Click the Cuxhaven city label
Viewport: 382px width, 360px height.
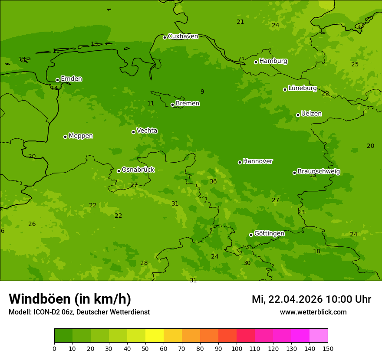[x=183, y=36]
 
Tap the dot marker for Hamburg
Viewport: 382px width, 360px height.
[x=256, y=62]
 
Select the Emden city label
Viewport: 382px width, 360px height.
[x=71, y=79]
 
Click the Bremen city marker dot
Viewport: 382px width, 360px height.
[x=172, y=105]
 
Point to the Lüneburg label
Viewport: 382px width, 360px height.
[x=302, y=88]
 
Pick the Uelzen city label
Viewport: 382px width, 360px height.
[x=311, y=114]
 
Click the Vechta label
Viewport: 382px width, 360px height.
[x=147, y=131]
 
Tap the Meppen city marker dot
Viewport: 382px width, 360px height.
[x=65, y=137]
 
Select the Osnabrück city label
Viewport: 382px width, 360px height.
[x=138, y=170]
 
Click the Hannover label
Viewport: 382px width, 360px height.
[x=257, y=161]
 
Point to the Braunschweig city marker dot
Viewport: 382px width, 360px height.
[x=294, y=173]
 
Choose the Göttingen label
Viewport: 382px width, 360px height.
[x=269, y=233]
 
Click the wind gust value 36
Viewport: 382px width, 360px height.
[x=213, y=182]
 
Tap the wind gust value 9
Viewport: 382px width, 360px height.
[x=202, y=92]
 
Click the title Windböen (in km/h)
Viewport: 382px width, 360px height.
[x=70, y=299]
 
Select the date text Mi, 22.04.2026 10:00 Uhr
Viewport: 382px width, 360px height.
[x=311, y=299]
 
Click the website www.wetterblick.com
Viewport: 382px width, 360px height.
[x=313, y=312]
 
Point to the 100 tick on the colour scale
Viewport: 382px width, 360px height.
[x=237, y=348]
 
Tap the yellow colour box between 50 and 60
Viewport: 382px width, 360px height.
[x=155, y=336]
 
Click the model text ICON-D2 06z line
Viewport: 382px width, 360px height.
[x=79, y=312]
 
